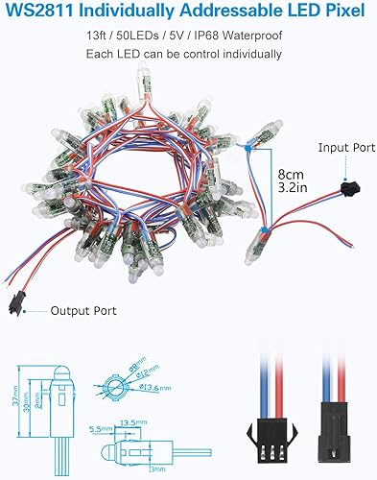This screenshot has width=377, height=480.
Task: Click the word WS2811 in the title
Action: (39, 13)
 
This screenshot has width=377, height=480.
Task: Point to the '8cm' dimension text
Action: (287, 175)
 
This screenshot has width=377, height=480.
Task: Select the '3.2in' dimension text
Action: (288, 190)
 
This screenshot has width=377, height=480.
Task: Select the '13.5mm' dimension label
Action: (132, 420)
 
